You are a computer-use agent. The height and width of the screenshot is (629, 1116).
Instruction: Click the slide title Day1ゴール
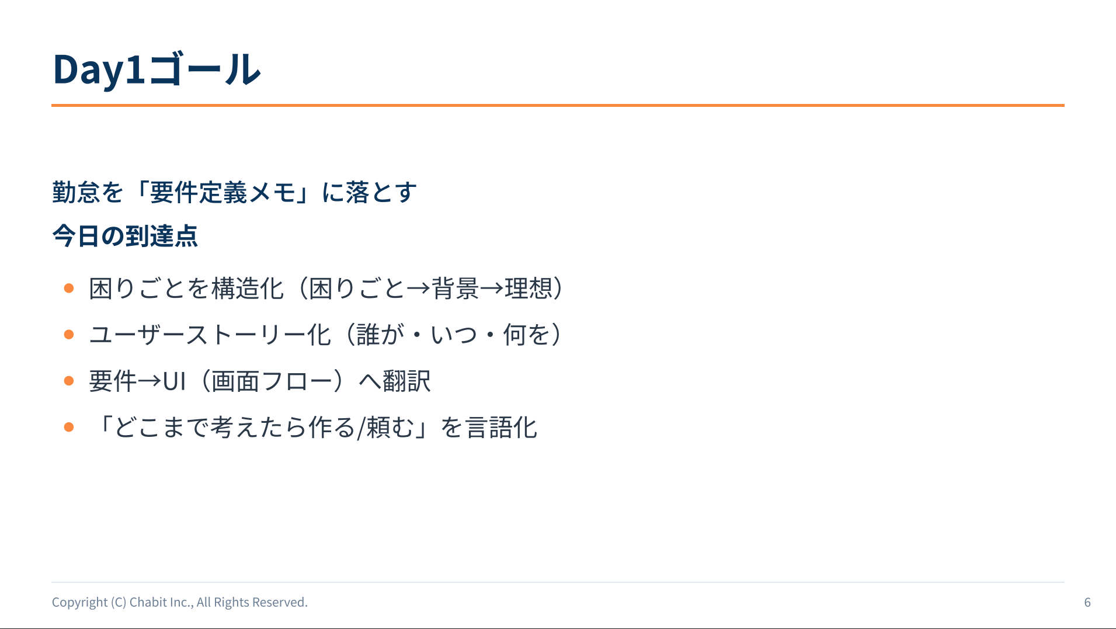pos(157,69)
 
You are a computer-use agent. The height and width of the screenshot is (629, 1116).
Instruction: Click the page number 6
pos(1087,602)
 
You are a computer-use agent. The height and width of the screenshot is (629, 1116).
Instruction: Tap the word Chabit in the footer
pos(147,602)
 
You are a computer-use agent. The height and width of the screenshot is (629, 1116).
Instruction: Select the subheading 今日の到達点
pos(125,236)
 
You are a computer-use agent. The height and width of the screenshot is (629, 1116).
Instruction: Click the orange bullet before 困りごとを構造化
pos(69,288)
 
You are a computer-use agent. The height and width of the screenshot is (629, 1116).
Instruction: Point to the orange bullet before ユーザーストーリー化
pos(69,335)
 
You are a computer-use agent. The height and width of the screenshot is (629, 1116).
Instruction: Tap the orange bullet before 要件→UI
pos(69,381)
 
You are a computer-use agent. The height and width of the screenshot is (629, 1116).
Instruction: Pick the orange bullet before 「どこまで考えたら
pos(69,427)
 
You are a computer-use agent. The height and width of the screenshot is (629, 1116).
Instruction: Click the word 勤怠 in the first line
pos(76,192)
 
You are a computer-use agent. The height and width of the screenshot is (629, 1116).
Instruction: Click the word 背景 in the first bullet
pos(456,289)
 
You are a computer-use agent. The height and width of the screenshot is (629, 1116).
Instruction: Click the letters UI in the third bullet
pos(174,381)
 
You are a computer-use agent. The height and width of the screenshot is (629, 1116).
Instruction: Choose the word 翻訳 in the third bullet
pos(407,381)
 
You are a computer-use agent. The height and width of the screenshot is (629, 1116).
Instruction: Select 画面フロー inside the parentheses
pos(272,381)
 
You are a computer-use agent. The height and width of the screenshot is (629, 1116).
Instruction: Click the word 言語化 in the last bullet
pos(501,428)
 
